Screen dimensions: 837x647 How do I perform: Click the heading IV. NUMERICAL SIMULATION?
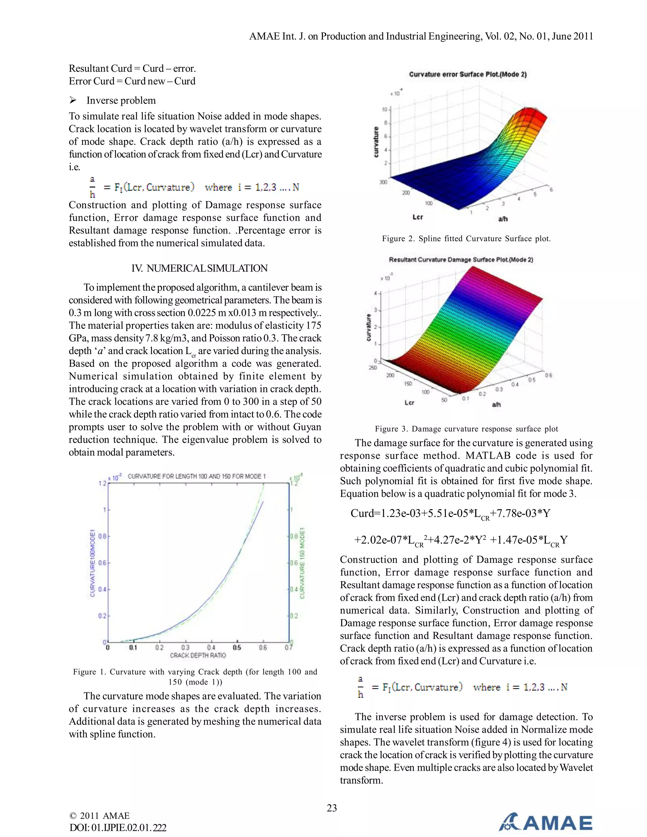199,268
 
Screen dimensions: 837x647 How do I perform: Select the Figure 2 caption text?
466,239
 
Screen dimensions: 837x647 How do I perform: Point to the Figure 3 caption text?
466,429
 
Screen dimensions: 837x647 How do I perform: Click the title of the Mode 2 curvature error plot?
468,74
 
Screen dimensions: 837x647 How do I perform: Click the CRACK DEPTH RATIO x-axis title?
198,655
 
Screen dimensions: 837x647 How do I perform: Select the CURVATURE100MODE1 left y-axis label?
92,563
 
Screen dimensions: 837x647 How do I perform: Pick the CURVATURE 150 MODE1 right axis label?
302,563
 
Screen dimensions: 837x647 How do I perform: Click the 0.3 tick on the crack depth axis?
185,648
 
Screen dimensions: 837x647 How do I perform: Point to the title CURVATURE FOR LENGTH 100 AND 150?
197,476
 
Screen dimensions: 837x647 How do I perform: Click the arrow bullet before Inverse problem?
73,100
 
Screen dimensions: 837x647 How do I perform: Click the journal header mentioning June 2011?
421,36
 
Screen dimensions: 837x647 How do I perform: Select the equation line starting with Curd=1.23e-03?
450,514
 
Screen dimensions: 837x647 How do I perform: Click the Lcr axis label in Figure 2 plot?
417,217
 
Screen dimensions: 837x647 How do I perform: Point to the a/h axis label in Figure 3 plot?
496,404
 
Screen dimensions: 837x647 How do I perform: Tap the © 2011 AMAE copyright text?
99,816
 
